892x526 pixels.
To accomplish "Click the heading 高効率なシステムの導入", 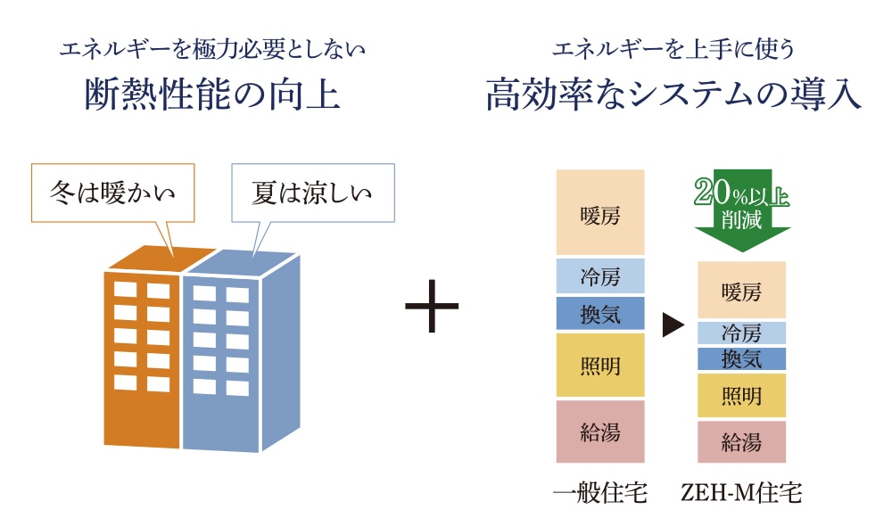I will pyautogui.click(x=673, y=94).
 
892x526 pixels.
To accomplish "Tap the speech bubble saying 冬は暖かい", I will pyautogui.click(x=112, y=192).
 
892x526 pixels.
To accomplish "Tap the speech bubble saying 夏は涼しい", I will pyautogui.click(x=312, y=193).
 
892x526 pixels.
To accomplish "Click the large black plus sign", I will pyautogui.click(x=432, y=306).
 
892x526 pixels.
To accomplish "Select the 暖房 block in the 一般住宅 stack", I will pyautogui.click(x=599, y=212).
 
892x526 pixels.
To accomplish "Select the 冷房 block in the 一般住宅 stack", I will pyautogui.click(x=599, y=276).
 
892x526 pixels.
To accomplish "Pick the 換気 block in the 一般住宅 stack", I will pyautogui.click(x=599, y=313).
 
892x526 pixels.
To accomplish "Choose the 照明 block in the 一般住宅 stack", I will pyautogui.click(x=599, y=365).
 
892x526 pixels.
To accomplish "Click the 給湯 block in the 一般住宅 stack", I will pyautogui.click(x=599, y=431).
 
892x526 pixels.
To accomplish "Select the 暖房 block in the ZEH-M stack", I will pyautogui.click(x=741, y=290).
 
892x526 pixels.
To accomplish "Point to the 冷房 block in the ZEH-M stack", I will pyautogui.click(x=741, y=333).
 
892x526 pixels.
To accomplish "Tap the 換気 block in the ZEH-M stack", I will pyautogui.click(x=741, y=358).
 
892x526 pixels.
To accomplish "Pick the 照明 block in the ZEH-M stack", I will pyautogui.click(x=741, y=395).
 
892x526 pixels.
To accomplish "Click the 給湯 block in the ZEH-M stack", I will pyautogui.click(x=741, y=441).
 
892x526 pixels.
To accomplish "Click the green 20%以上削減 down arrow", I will pyautogui.click(x=742, y=210).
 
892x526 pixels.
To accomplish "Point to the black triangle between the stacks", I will pyautogui.click(x=672, y=326).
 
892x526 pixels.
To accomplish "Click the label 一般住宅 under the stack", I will pyautogui.click(x=599, y=491).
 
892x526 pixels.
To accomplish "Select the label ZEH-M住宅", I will pyautogui.click(x=741, y=491).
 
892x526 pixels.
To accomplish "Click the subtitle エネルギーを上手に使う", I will pyautogui.click(x=673, y=50).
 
